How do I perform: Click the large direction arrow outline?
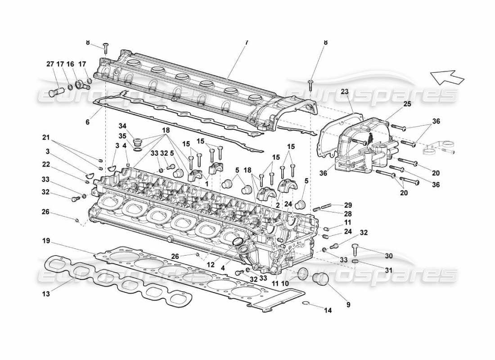(x=447, y=77)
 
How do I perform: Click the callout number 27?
(x=50, y=64)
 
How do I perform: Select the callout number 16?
(x=70, y=64)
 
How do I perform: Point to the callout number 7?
(x=246, y=42)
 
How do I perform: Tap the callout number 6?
(x=88, y=122)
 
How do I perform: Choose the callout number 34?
(x=122, y=125)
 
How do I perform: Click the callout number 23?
(x=344, y=91)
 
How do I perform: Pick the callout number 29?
(x=348, y=205)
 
